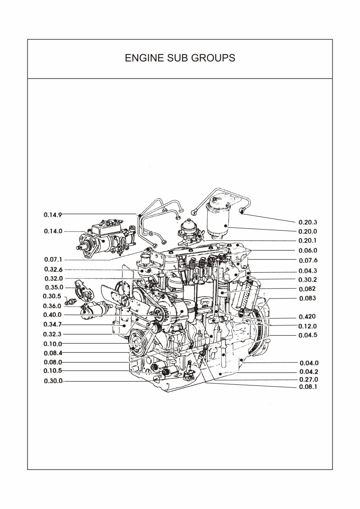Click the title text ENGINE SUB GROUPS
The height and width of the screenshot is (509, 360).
180,58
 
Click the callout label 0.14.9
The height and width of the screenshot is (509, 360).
53,215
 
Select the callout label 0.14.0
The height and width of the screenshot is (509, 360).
53,232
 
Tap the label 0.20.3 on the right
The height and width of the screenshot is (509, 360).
307,222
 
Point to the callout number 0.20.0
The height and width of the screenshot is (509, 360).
307,232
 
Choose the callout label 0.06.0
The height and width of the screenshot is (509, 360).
307,251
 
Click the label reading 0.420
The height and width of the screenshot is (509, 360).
307,317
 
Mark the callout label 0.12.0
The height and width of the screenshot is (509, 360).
307,327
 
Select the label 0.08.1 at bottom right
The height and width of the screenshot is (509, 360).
307,387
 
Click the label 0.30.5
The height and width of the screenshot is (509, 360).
52,296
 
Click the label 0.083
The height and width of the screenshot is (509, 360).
307,298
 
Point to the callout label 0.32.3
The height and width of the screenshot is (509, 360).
53,334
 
